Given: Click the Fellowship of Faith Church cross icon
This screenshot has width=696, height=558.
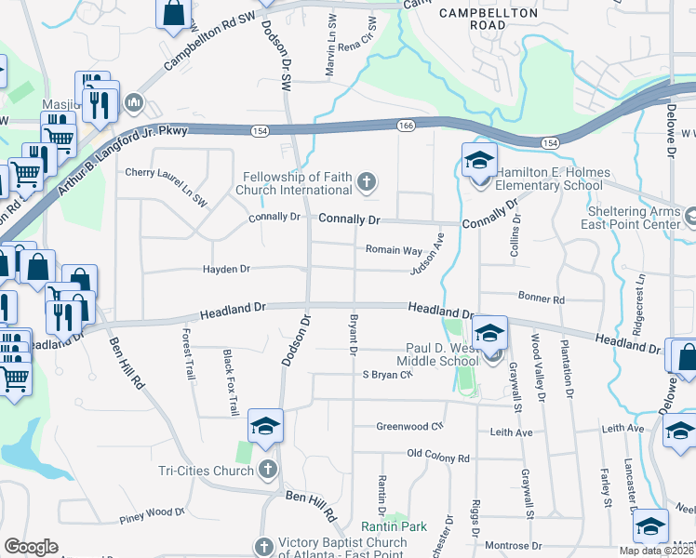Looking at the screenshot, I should coord(367,182).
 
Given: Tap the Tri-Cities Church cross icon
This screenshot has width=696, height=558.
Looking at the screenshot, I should coord(268,469).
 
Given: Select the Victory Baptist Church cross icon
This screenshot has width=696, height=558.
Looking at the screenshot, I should coord(263,547).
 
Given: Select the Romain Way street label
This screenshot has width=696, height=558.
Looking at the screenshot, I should coord(393,250).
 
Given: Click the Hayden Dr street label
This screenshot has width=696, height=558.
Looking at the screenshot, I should coord(227,270).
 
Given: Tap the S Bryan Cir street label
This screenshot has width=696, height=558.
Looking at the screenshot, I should coord(387,375).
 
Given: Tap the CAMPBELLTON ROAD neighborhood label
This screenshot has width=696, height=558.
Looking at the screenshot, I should coord(489,19).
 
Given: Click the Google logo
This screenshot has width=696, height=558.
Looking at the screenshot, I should coord(31,547).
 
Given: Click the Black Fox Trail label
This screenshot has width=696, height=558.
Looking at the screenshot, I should coord(229,382).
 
